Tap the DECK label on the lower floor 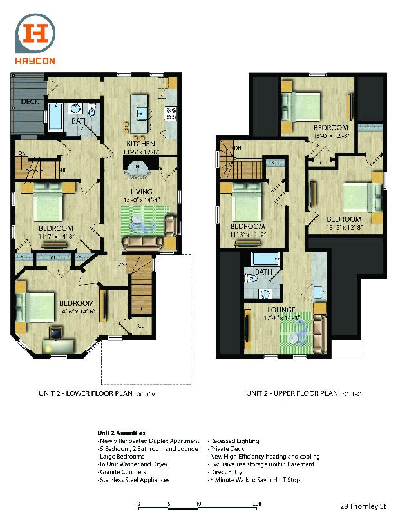[x=30, y=101]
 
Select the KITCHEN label [x=141, y=143]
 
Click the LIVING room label [x=141, y=192]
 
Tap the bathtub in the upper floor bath [x=265, y=259]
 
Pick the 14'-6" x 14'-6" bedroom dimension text [x=77, y=311]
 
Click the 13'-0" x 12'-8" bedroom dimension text [x=330, y=136]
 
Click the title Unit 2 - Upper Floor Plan [x=292, y=392]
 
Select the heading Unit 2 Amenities [x=121, y=433]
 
